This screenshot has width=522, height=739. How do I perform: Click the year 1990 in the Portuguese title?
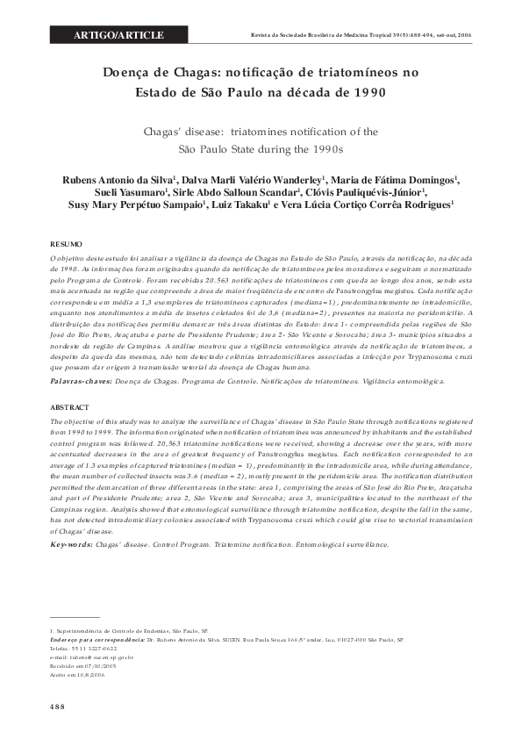pyautogui.click(x=368, y=91)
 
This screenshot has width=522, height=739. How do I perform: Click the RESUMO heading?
pyautogui.click(x=65, y=242)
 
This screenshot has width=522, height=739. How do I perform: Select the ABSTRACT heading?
pyautogui.click(x=68, y=407)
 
